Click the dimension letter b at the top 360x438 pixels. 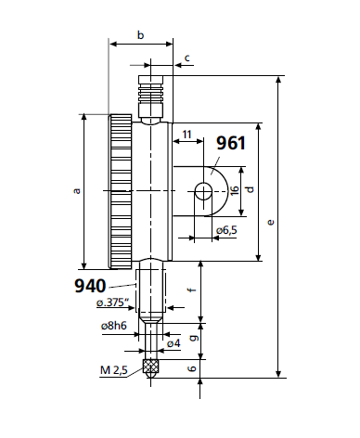pyautogui.click(x=140, y=35)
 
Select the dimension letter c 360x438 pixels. pyautogui.click(x=187, y=58)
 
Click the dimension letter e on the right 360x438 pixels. pyautogui.click(x=270, y=223)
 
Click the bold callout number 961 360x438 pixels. pyautogui.click(x=231, y=143)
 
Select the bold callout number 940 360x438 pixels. pyautogui.click(x=91, y=285)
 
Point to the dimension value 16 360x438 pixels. pyautogui.click(x=234, y=190)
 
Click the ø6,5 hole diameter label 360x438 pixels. pyautogui.click(x=226, y=230)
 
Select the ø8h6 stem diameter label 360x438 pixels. pyautogui.click(x=114, y=327)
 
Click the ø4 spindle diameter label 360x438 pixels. pyautogui.click(x=173, y=343)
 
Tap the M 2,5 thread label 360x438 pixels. pyautogui.click(x=115, y=371)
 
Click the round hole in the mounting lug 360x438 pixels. pyautogui.click(x=202, y=191)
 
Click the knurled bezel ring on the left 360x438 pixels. pyautogui.click(x=120, y=190)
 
